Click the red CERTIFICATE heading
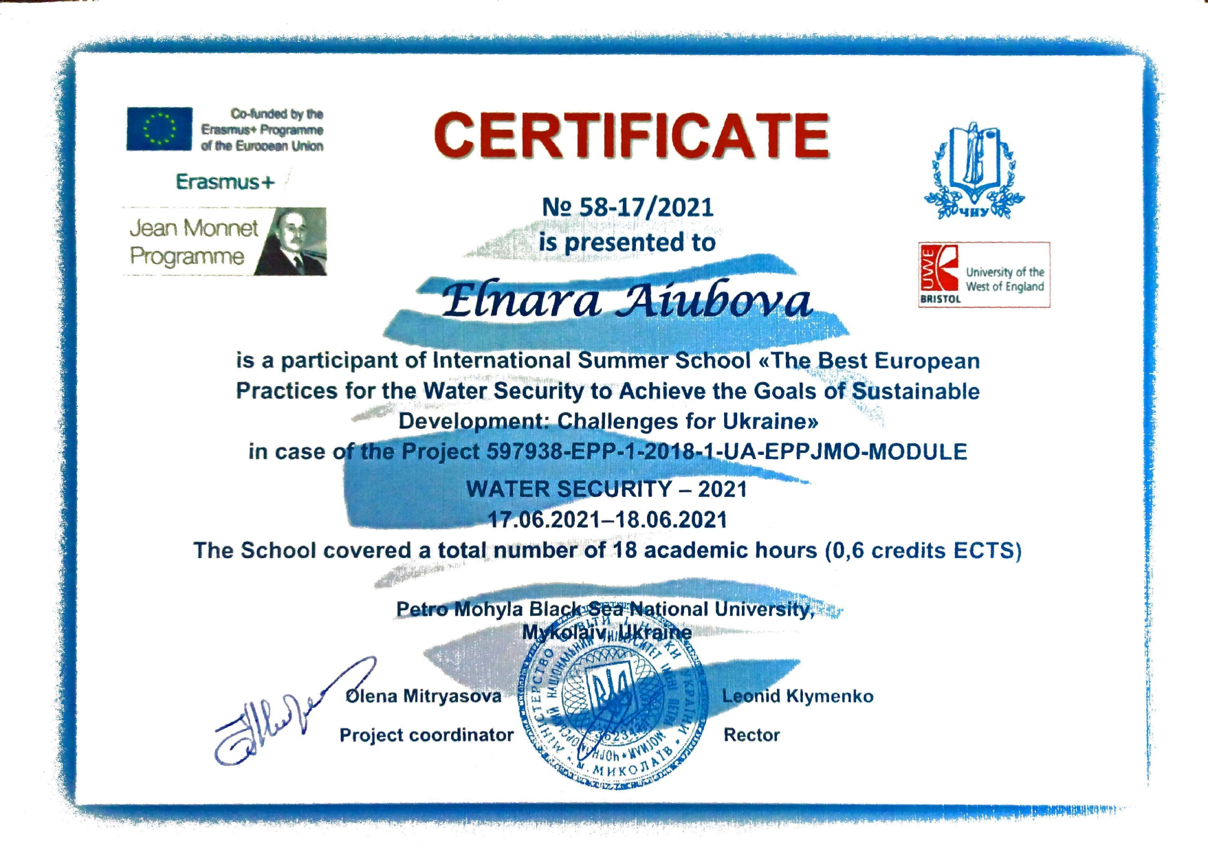tap(631, 135)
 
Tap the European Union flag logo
tap(159, 129)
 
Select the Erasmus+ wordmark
tap(225, 182)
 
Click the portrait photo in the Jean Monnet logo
tap(292, 242)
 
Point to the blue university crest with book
tap(974, 170)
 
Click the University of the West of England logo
tap(984, 274)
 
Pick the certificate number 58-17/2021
tap(628, 207)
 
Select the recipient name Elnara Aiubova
tap(626, 301)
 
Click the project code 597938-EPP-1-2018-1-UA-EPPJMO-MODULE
tap(727, 452)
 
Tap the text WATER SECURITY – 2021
tap(606, 489)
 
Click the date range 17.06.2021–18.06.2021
tap(607, 520)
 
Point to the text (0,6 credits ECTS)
tap(923, 551)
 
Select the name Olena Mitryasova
tap(424, 696)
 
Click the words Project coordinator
tap(426, 735)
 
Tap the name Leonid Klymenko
tap(798, 696)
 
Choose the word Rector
tap(751, 735)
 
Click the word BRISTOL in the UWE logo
tap(941, 299)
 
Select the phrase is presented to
tap(626, 243)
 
